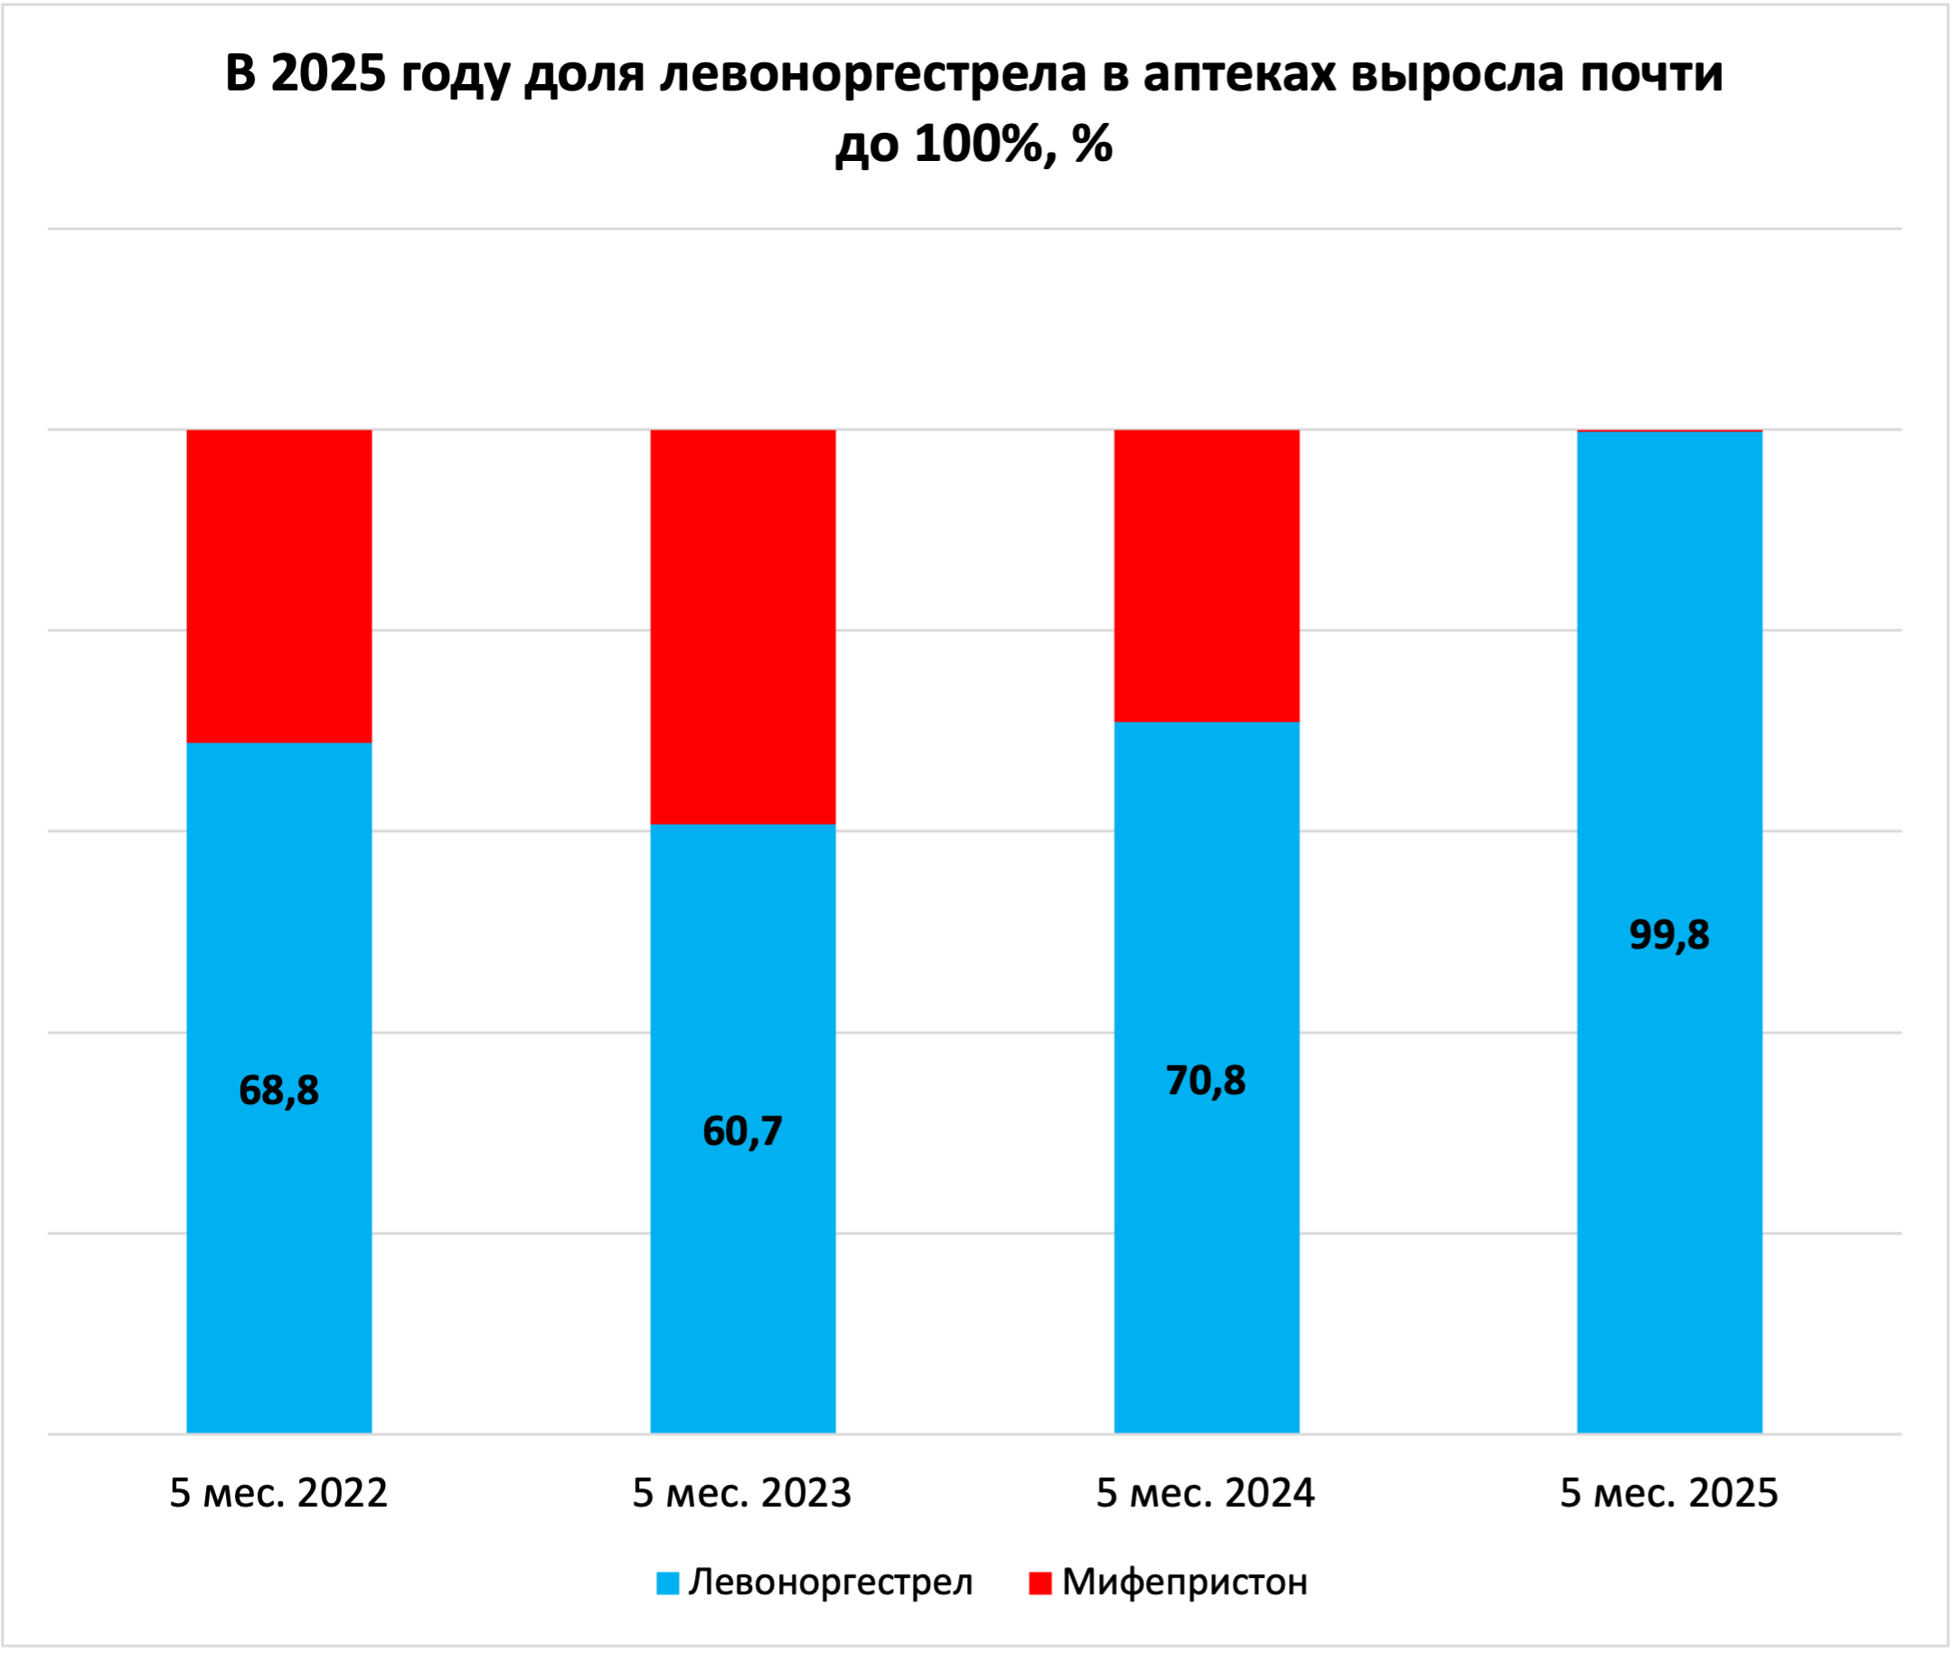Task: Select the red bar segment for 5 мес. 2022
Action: click(x=278, y=586)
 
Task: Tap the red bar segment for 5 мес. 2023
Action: click(x=742, y=626)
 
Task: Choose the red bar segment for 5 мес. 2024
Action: click(x=1206, y=574)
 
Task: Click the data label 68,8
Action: click(x=278, y=1090)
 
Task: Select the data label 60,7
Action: click(x=742, y=1131)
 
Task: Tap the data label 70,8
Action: click(x=1206, y=1081)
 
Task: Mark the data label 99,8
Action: click(x=1669, y=934)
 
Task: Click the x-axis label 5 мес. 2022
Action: click(x=278, y=1493)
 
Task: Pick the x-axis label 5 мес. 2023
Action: click(x=742, y=1493)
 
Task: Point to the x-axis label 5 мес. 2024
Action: click(x=1206, y=1493)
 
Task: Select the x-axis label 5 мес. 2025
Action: click(x=1669, y=1493)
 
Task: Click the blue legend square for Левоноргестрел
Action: click(x=667, y=1582)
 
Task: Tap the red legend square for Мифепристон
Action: click(x=1039, y=1582)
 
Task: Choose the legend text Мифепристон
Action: click(x=1185, y=1582)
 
